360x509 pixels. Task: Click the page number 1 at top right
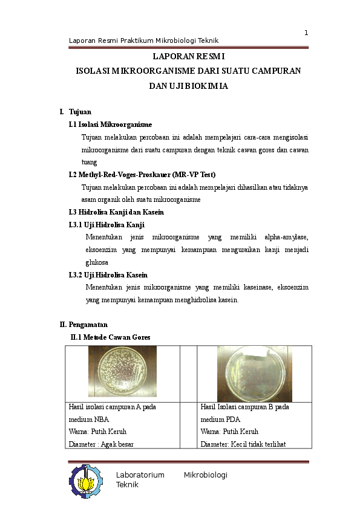[x=306, y=32]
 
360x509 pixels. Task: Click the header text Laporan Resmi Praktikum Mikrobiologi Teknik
[x=143, y=41]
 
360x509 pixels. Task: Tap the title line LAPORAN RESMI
[x=188, y=57]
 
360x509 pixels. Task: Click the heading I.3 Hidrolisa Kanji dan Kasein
[x=116, y=212]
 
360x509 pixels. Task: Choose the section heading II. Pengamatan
[x=83, y=325]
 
